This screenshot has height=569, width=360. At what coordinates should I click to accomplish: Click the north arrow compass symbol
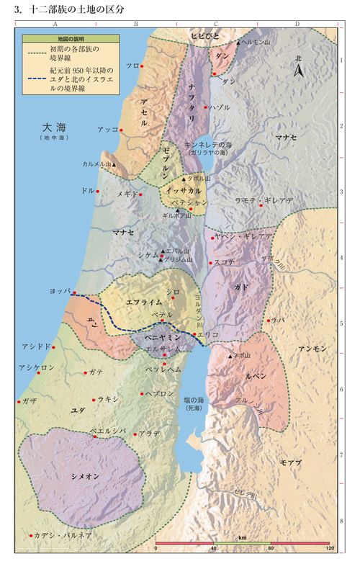pyautogui.click(x=300, y=68)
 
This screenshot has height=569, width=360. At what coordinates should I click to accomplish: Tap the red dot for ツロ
pyautogui.click(x=142, y=66)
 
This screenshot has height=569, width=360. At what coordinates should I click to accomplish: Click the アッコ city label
pyautogui.click(x=107, y=130)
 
